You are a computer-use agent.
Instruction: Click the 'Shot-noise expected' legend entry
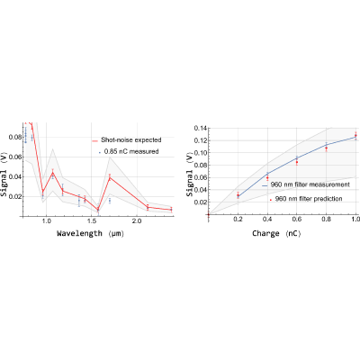point(127,140)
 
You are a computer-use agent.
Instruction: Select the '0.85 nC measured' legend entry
point(129,151)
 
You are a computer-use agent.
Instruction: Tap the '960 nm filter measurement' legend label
point(306,184)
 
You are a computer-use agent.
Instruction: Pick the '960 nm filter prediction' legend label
point(306,199)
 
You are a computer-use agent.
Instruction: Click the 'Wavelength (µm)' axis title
point(90,233)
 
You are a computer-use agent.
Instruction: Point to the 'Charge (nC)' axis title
point(276,233)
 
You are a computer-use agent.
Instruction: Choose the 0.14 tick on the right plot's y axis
point(200,128)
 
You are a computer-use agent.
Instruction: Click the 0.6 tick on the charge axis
point(297,220)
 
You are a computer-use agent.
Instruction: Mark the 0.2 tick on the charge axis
point(238,220)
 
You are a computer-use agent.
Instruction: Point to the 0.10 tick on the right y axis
point(200,153)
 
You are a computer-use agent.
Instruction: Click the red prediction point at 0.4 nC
point(267,177)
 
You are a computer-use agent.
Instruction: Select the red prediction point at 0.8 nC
point(326,148)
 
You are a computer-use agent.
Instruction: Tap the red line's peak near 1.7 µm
point(110,177)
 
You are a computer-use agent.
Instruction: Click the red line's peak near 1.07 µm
point(52,172)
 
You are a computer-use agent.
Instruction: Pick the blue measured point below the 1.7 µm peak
point(110,200)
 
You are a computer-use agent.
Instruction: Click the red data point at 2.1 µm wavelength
point(148,207)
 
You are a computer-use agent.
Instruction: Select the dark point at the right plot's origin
point(209,214)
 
